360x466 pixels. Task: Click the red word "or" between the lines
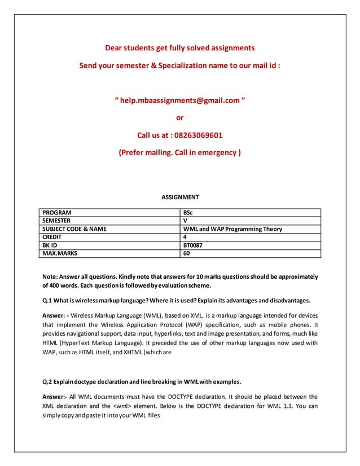[x=180, y=118]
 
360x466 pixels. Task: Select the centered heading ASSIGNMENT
[x=180, y=197]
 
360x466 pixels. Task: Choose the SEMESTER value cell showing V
[x=186, y=221]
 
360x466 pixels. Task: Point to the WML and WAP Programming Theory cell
[x=232, y=229]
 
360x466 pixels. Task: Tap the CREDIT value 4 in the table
[x=186, y=238]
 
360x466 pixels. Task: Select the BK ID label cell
[x=52, y=245]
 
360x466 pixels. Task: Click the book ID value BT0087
[x=193, y=245]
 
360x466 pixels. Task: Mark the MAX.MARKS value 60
[x=187, y=254]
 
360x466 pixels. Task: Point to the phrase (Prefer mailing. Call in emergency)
[x=180, y=153]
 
